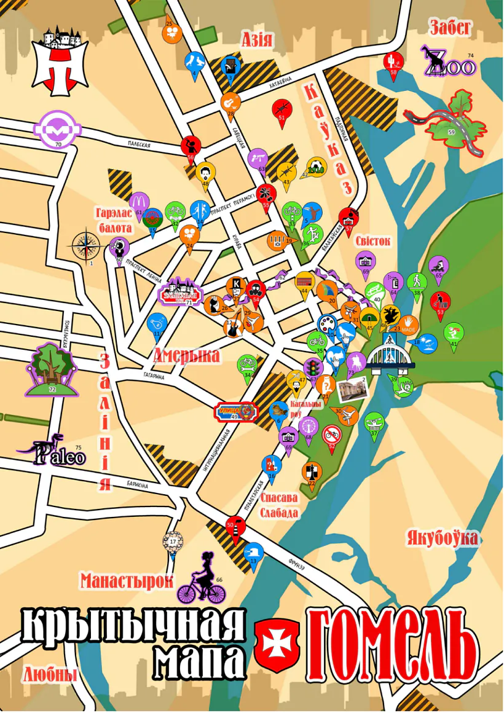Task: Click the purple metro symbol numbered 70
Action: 57,129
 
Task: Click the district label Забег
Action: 451,27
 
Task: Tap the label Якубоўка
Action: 441,538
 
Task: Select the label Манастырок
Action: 127,580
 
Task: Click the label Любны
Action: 50,674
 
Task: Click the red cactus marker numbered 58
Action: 393,61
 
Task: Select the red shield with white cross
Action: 277,639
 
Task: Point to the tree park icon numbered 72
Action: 51,369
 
